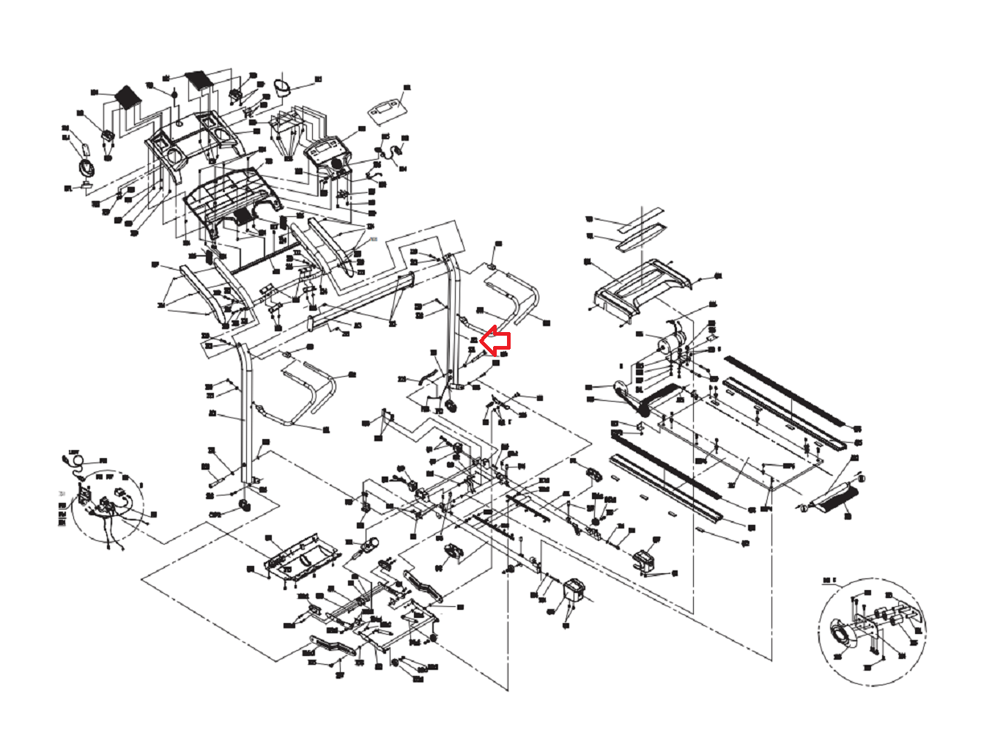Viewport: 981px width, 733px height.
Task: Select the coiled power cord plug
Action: (74, 460)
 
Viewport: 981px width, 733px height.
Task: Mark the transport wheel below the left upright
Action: (243, 507)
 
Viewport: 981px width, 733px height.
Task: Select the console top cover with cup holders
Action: (194, 139)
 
